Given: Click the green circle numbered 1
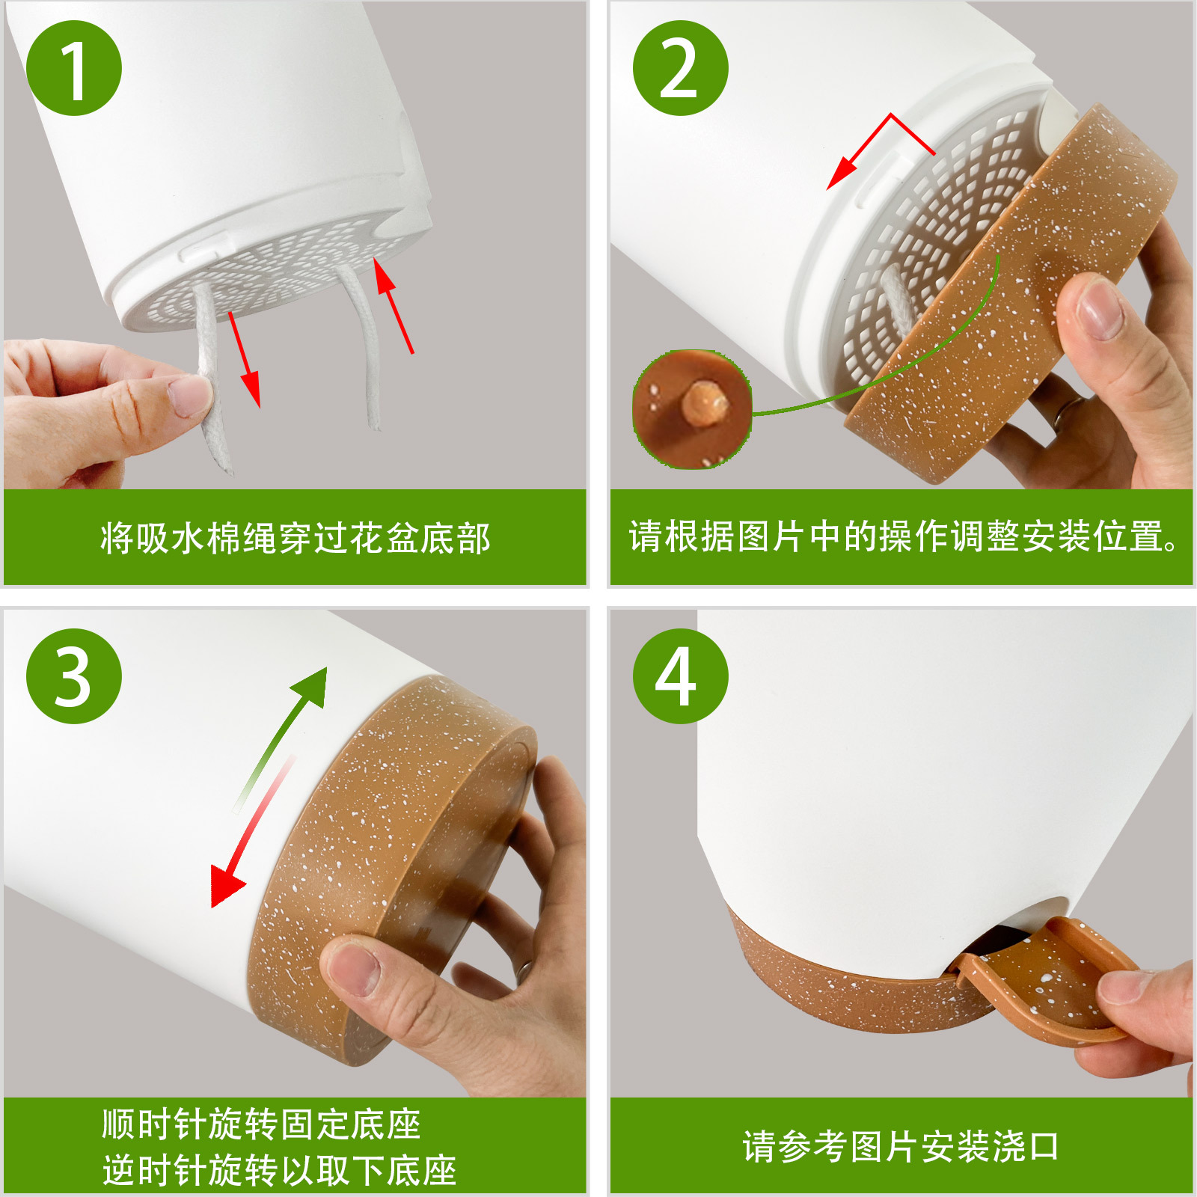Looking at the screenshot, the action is click(74, 68).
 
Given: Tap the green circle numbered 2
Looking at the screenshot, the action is click(681, 68).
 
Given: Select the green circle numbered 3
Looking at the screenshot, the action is click(74, 676).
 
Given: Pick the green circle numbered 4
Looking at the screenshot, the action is click(681, 676).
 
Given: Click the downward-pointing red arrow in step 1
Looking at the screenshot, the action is click(245, 359).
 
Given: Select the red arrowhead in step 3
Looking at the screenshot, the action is click(226, 886).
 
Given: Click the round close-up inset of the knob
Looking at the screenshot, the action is click(692, 409).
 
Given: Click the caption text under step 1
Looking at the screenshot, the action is click(296, 538).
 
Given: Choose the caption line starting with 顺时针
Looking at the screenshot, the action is click(261, 1124).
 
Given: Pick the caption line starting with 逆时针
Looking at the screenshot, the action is click(279, 1170).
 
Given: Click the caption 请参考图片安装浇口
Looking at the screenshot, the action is click(901, 1146).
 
